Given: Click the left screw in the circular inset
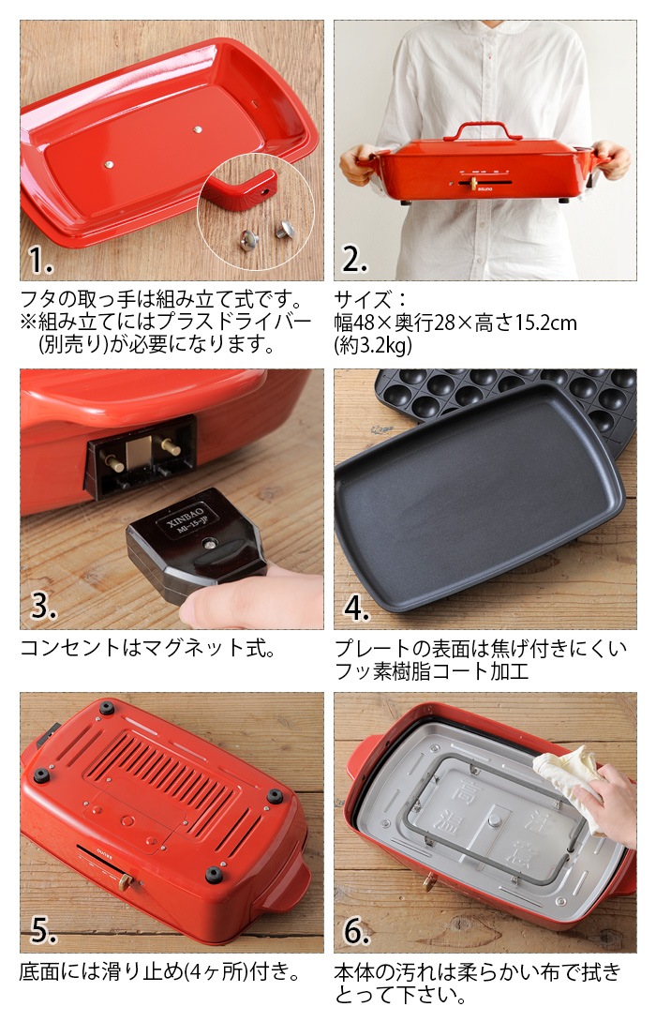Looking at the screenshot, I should coord(250,240).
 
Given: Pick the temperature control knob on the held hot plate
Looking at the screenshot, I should coord(473,182).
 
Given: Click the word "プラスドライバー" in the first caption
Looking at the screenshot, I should coord(224,323).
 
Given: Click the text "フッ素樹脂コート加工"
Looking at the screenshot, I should coord(432,670).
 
